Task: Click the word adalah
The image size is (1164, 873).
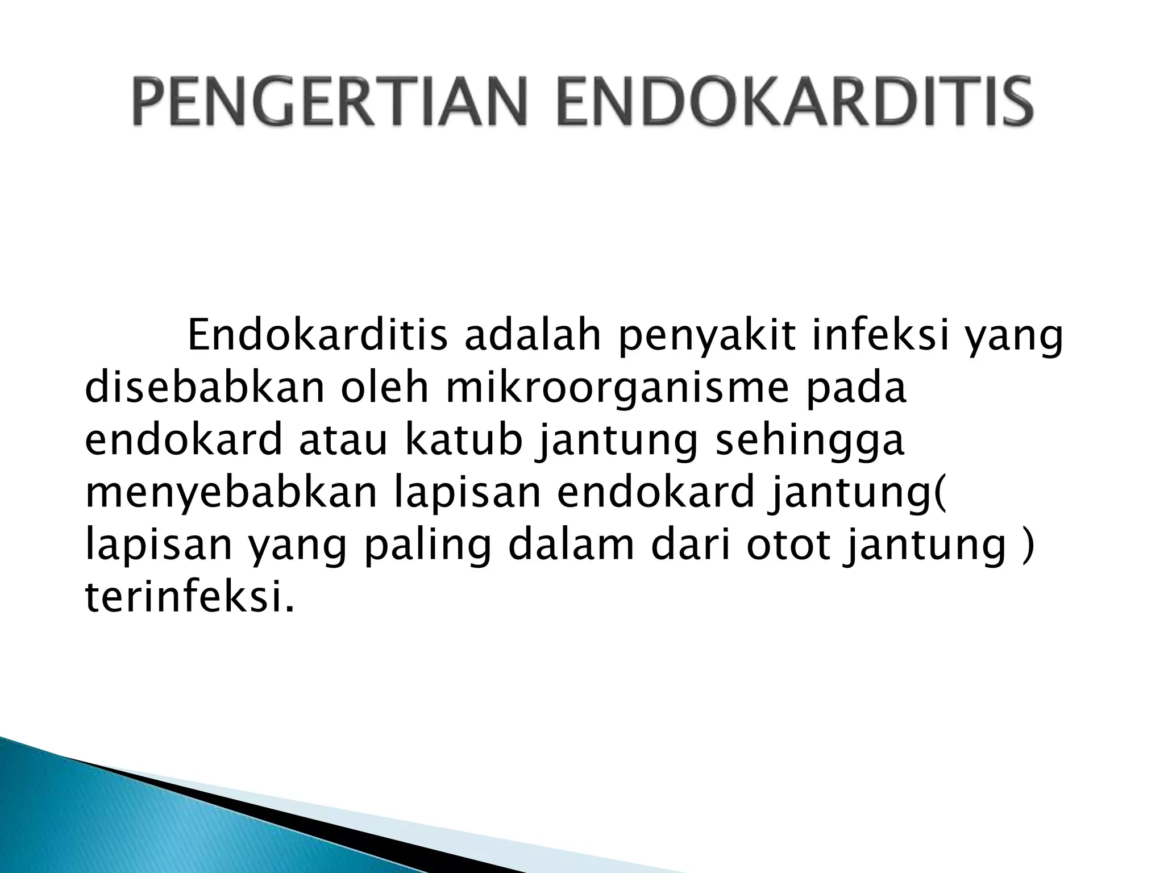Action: (532, 336)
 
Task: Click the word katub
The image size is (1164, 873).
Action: (463, 441)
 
